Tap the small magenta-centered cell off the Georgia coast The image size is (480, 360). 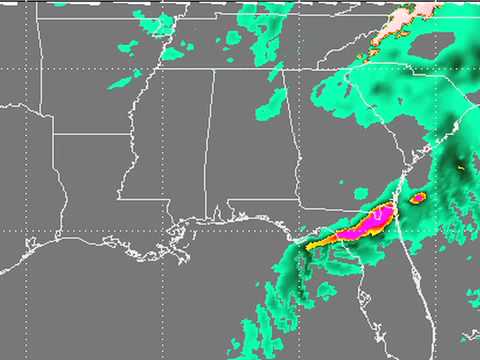coord(418,197)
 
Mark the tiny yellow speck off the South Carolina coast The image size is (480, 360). coord(461,168)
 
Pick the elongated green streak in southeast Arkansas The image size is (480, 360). coord(125,79)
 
